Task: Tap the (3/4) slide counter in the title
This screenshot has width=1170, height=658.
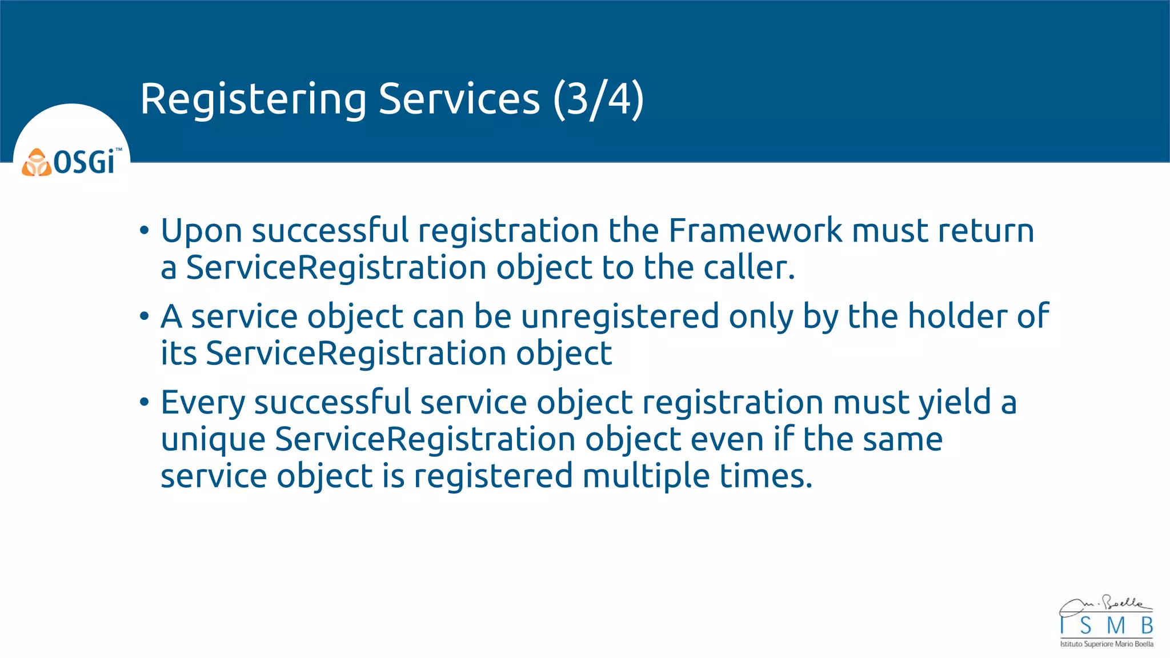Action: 598,100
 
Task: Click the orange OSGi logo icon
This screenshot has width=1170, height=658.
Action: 37,163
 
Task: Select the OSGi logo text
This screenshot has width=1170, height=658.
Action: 86,162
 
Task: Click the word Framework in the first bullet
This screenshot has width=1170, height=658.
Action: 755,231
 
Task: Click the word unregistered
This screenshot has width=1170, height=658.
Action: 620,316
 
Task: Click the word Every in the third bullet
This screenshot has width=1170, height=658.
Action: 203,403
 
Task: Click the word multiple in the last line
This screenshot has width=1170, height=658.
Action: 646,477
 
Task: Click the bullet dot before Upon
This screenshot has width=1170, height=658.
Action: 144,231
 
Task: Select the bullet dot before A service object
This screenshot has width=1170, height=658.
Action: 144,317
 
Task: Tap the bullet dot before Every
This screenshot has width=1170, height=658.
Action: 144,403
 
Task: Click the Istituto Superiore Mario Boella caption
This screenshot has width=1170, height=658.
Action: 1107,644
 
